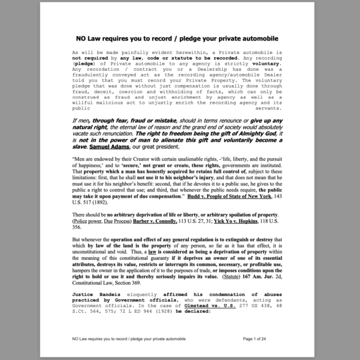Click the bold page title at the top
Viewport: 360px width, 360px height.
[x=180, y=39]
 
